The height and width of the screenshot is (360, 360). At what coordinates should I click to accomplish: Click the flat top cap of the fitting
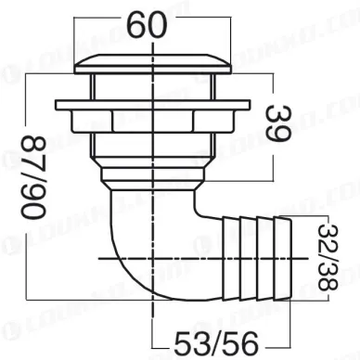click(152, 63)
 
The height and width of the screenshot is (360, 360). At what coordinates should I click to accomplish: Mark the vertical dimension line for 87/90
click(26, 186)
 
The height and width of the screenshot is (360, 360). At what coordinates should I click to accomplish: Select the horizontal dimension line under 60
click(152, 39)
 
